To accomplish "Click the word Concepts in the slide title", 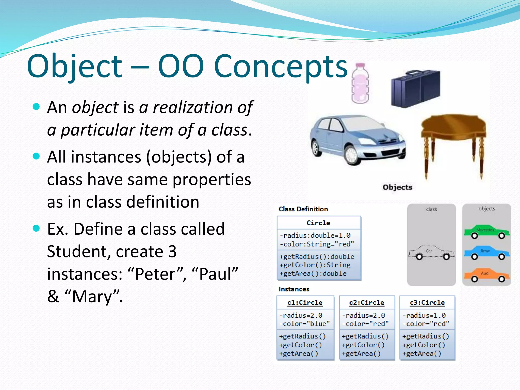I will point(281,67).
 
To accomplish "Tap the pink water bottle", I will point(360,84).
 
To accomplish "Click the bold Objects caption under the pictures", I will point(397,187).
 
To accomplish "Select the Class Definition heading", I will point(303,209).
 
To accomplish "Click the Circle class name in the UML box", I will point(318,223).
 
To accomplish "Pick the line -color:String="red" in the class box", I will point(317,244).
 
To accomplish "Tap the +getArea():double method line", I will point(313,273).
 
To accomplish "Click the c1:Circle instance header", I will point(305,303).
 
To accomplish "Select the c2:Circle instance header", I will point(367,303).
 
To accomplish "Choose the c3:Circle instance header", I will point(427,303).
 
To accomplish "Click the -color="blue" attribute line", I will point(304,324).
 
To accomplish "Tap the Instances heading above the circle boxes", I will point(294,289).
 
